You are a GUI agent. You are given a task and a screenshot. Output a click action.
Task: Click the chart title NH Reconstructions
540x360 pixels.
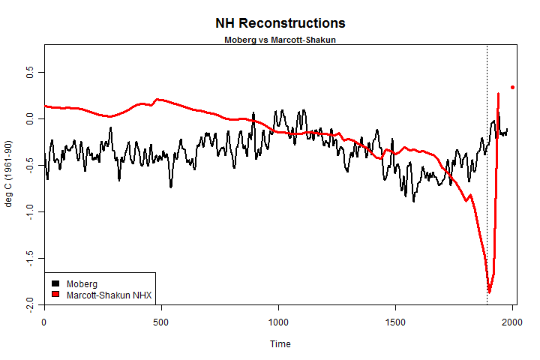[280, 23]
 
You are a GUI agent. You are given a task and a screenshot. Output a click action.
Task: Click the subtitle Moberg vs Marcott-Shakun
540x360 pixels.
[280, 39]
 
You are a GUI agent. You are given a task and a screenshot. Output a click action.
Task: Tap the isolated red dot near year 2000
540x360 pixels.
[513, 87]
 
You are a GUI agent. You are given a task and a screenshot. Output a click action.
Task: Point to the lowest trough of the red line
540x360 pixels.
[489, 291]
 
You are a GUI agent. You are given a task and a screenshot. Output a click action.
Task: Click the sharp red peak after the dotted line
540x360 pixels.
[499, 94]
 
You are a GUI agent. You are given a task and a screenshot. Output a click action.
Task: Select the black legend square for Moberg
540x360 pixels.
[55, 283]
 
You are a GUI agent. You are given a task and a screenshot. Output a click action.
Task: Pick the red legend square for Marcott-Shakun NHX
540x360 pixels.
[55, 295]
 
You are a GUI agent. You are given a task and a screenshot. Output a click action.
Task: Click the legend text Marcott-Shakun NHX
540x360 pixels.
[109, 295]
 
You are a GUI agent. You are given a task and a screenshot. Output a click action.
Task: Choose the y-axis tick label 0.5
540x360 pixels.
[31, 73]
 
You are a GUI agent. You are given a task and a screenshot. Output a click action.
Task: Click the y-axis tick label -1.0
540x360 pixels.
[31, 213]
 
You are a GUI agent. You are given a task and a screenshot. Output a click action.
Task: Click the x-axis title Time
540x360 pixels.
[280, 344]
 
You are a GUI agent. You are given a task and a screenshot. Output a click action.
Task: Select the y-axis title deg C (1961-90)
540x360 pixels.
[9, 174]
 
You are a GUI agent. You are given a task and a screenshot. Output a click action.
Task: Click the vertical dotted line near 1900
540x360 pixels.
[487, 187]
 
